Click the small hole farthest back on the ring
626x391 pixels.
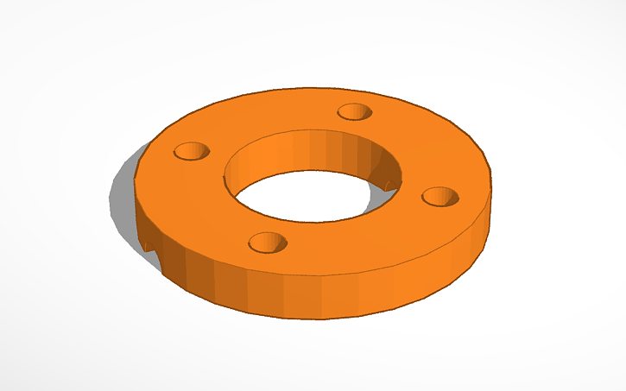click(354, 111)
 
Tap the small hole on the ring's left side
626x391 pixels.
click(192, 152)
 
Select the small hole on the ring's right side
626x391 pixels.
click(440, 197)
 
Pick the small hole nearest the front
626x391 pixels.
click(267, 242)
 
